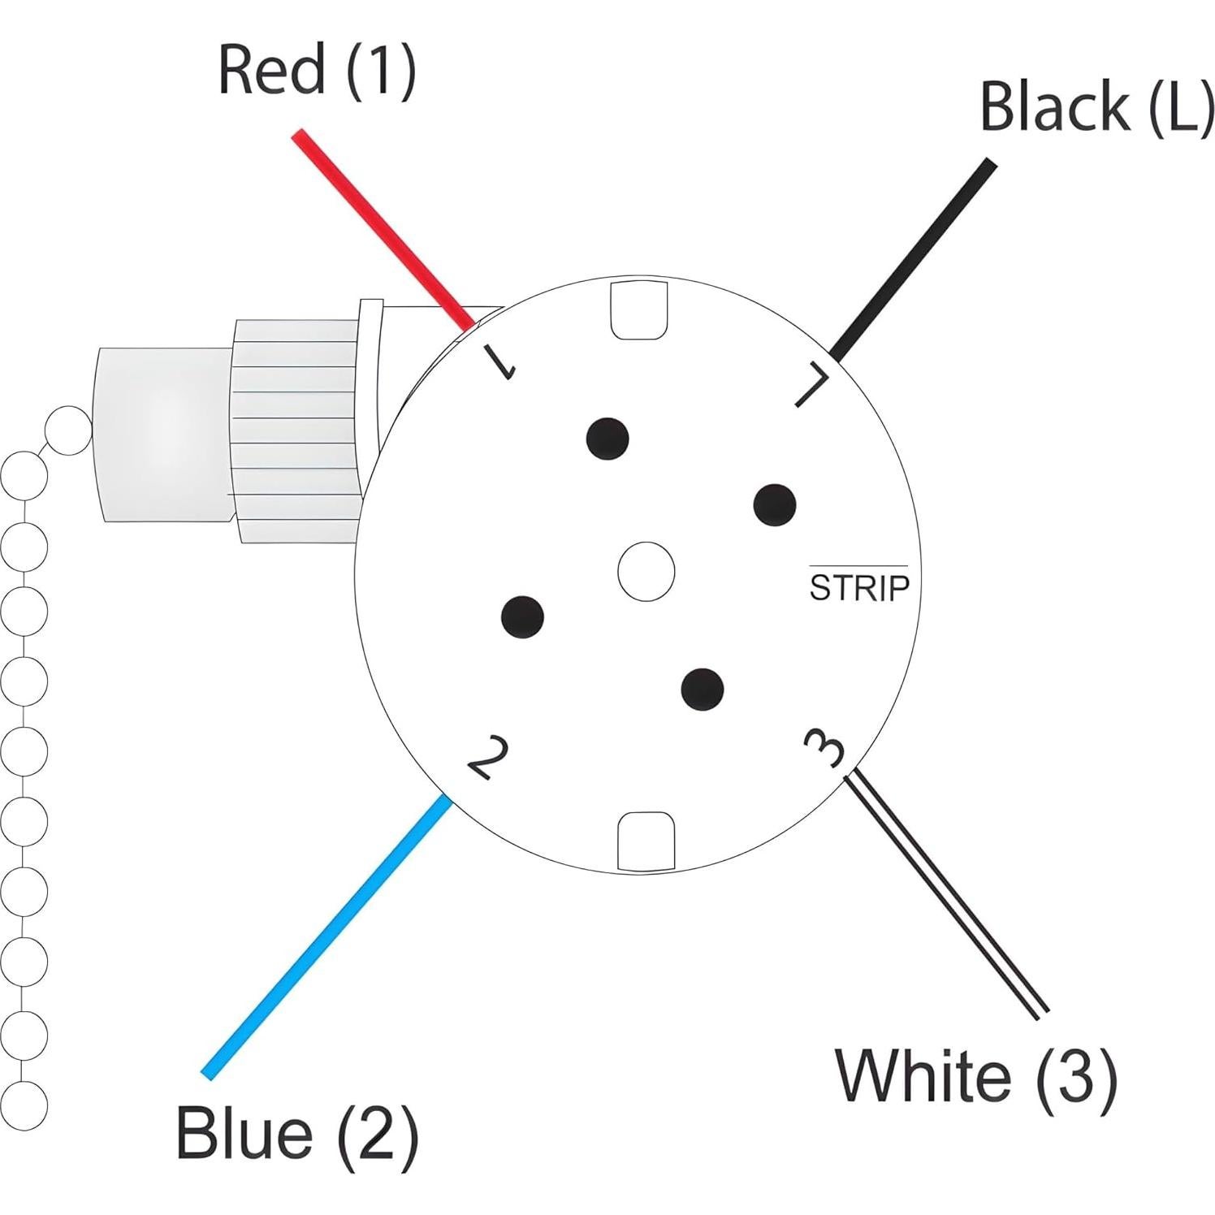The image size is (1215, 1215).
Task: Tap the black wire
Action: pyautogui.click(x=914, y=258)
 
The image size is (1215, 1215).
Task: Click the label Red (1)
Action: pyautogui.click(x=317, y=71)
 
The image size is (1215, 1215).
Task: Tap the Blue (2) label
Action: pyautogui.click(x=296, y=1134)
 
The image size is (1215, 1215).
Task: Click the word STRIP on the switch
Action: pyautogui.click(x=859, y=587)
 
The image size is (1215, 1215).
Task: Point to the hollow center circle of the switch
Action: pyautogui.click(x=646, y=572)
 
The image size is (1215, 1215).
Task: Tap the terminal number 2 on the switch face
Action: pyautogui.click(x=488, y=757)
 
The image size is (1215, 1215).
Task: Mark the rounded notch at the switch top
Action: pyautogui.click(x=638, y=310)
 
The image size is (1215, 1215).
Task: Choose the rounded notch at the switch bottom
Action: pyautogui.click(x=646, y=841)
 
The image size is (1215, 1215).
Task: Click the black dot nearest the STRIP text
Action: pyautogui.click(x=774, y=505)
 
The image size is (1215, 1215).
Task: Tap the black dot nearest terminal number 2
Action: pyautogui.click(x=522, y=616)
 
